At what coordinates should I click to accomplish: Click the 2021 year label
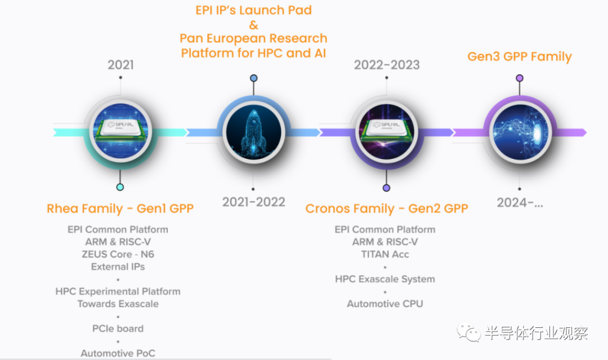pyautogui.click(x=120, y=64)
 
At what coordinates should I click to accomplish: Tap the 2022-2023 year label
pyautogui.click(x=387, y=64)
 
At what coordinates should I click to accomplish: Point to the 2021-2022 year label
pyautogui.click(x=253, y=202)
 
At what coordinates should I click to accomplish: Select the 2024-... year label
pyautogui.click(x=520, y=202)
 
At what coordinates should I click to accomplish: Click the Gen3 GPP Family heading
pyautogui.click(x=520, y=57)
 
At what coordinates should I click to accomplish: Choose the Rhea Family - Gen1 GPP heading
pyautogui.click(x=120, y=208)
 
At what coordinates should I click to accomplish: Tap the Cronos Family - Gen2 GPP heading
pyautogui.click(x=387, y=208)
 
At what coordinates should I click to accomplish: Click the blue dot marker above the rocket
pyautogui.click(x=253, y=78)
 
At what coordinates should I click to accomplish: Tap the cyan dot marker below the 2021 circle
pyautogui.click(x=120, y=187)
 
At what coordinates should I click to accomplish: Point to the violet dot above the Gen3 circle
pyautogui.click(x=520, y=78)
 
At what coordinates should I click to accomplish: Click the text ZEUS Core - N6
pyautogui.click(x=118, y=254)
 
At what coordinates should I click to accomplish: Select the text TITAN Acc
pyautogui.click(x=385, y=254)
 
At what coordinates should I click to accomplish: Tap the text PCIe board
pyautogui.click(x=118, y=328)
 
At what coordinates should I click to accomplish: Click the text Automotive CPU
pyautogui.click(x=385, y=304)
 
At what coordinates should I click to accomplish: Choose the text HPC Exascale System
pyautogui.click(x=385, y=279)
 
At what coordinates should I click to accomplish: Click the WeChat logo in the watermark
pyautogui.click(x=469, y=332)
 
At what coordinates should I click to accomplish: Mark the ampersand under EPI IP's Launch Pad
pyautogui.click(x=253, y=25)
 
